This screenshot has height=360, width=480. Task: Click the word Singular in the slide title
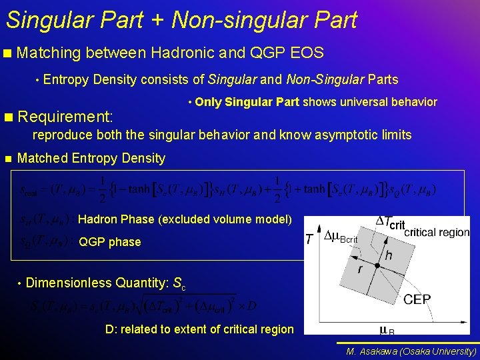(x=45, y=20)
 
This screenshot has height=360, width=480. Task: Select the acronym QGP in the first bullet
(x=265, y=53)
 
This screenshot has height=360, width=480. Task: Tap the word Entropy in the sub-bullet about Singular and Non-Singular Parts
(x=66, y=80)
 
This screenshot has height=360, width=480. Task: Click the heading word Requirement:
(x=65, y=117)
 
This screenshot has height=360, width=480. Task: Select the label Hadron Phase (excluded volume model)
(x=185, y=219)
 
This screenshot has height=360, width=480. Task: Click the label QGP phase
(x=109, y=242)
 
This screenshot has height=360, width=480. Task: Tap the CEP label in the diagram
(x=417, y=299)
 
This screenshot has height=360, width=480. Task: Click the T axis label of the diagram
(x=309, y=239)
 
